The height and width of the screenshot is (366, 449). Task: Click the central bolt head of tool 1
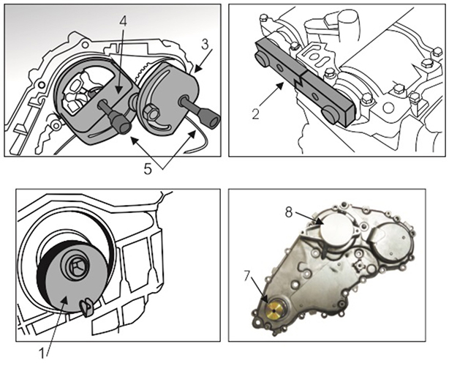[75, 265]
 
